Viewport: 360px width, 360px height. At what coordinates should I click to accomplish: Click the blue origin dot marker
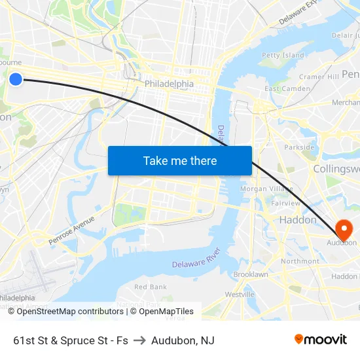coord(16,79)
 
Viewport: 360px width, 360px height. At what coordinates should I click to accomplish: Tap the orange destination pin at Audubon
coord(343,229)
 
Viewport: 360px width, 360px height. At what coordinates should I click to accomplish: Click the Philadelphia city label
coord(169,84)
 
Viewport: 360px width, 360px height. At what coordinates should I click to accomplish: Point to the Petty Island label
coord(283,56)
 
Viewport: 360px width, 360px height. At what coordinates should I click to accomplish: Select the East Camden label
coord(287,88)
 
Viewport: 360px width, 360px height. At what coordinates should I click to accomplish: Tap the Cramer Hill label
coord(319,77)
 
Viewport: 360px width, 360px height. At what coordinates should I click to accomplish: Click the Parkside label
coord(300,147)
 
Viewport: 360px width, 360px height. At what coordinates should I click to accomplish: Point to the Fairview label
coord(285,204)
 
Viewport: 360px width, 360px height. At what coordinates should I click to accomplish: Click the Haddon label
coord(298,220)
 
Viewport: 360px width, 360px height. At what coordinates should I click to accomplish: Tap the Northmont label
coord(300,261)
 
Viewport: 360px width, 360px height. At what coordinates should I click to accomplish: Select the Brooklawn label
coord(251,275)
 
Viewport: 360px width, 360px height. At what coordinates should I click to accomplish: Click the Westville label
coord(240,295)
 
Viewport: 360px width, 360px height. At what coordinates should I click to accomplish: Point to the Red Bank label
coord(150,287)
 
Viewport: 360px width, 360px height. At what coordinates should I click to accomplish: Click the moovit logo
coord(321,339)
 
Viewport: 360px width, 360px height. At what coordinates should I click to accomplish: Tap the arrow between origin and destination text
coord(139,340)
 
